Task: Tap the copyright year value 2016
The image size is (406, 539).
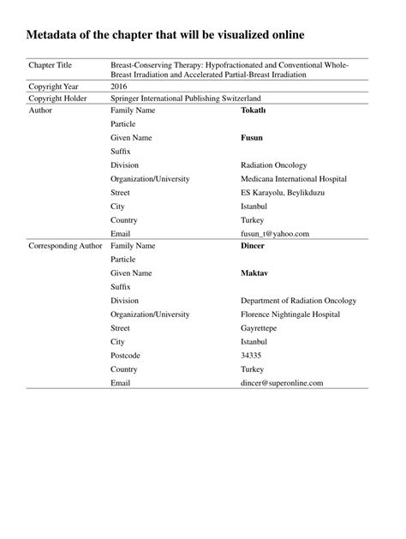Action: pyautogui.click(x=120, y=87)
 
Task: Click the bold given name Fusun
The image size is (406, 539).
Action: pyautogui.click(x=255, y=138)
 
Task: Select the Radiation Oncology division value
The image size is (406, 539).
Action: pyautogui.click(x=274, y=165)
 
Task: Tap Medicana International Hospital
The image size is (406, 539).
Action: pyautogui.click(x=294, y=179)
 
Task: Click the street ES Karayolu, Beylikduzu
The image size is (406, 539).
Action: pyautogui.click(x=289, y=193)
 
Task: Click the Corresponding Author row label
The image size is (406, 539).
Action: pyautogui.click(x=66, y=246)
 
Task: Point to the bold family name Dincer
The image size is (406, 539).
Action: pyautogui.click(x=254, y=246)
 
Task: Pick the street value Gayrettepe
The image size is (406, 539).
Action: pyautogui.click(x=262, y=328)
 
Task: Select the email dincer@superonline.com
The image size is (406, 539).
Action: pyautogui.click(x=283, y=383)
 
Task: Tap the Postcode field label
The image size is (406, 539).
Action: pyautogui.click(x=127, y=356)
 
